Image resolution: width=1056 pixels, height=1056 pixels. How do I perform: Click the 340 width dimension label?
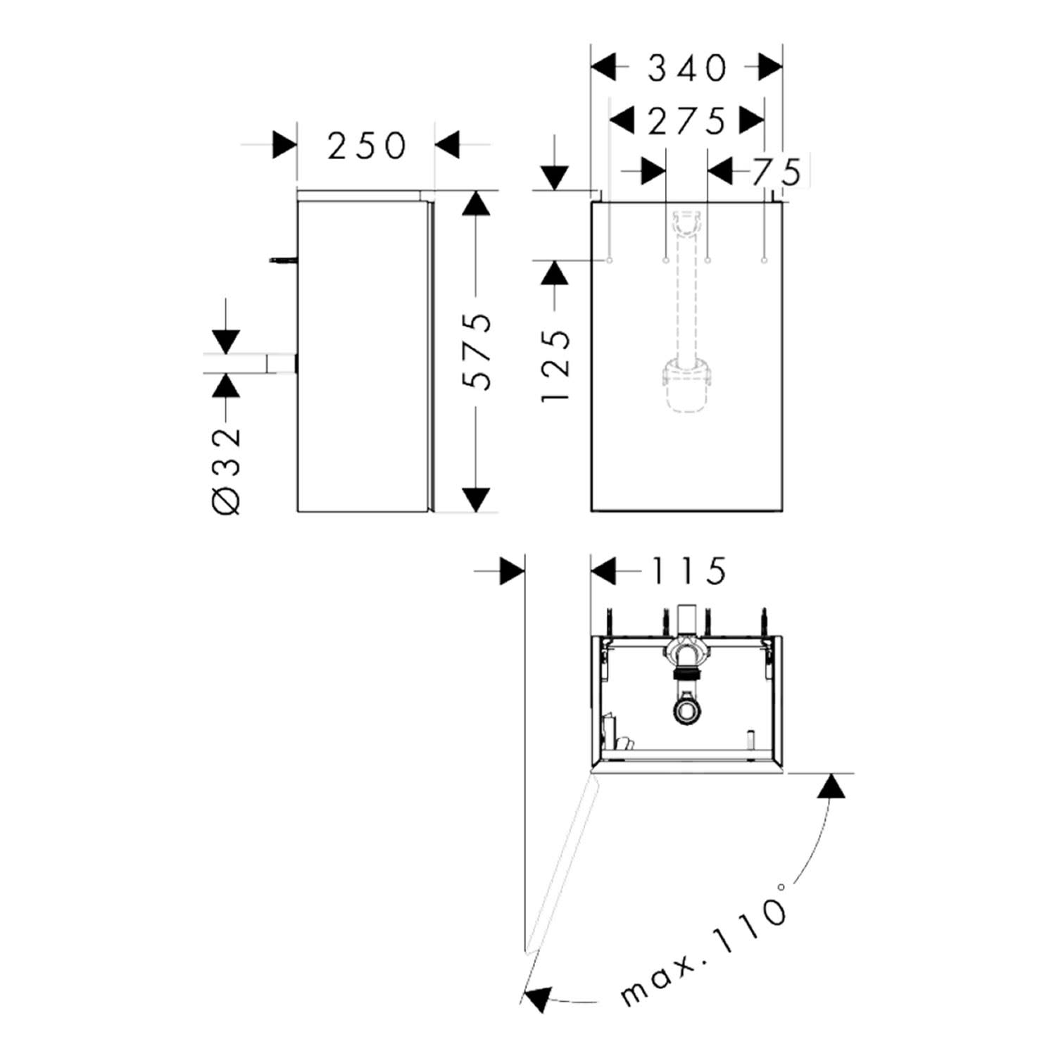click(x=686, y=68)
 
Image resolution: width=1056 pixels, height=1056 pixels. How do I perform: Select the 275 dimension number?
click(x=686, y=121)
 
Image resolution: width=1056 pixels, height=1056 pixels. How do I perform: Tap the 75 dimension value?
click(x=777, y=172)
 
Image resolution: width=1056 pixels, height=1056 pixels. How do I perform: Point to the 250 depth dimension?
click(x=367, y=146)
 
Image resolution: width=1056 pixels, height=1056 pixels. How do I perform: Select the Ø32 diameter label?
click(x=226, y=470)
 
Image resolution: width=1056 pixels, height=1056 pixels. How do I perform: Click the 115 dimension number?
click(x=688, y=571)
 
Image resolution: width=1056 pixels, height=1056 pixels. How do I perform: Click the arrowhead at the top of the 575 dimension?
click(x=477, y=203)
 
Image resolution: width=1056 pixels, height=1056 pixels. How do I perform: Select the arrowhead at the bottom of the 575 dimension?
click(x=477, y=499)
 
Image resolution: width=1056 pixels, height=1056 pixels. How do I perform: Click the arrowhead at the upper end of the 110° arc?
click(x=832, y=786)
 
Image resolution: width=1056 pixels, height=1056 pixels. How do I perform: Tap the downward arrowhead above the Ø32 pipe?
click(x=226, y=341)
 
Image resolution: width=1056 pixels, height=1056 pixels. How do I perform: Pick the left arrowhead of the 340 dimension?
click(x=604, y=68)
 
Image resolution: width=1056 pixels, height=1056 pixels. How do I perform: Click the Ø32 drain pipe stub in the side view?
click(x=282, y=363)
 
